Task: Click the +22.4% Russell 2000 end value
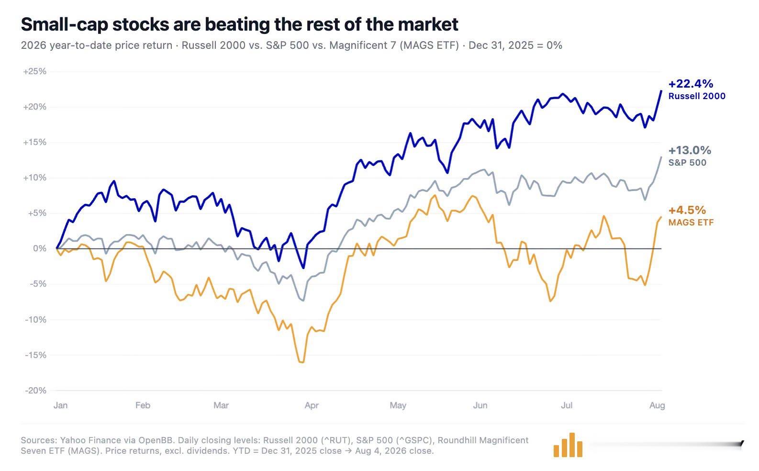[691, 83]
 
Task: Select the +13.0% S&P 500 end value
[690, 150]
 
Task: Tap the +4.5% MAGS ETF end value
[687, 210]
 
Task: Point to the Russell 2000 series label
[697, 96]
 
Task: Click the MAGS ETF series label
[691, 223]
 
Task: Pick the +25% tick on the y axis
[34, 71]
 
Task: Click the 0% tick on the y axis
[40, 248]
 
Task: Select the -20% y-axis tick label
[35, 391]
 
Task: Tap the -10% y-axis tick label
[35, 320]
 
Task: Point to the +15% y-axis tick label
[34, 142]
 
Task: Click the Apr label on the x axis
[312, 405]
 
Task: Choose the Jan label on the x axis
[61, 405]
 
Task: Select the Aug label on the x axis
[657, 405]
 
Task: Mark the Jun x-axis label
[480, 405]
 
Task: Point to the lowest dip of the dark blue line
[303, 268]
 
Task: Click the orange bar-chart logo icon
[568, 445]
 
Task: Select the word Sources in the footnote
[39, 440]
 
